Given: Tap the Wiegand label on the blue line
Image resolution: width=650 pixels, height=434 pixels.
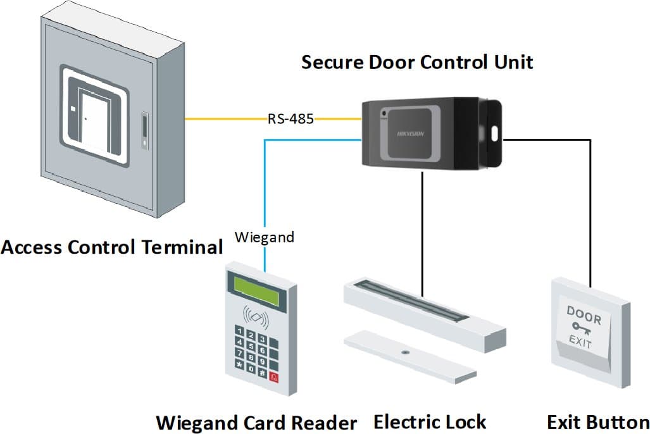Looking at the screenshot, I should [265, 238].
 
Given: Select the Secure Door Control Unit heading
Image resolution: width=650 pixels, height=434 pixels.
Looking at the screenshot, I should [417, 63].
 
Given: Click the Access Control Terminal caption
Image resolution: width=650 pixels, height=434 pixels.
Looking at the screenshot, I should [112, 246].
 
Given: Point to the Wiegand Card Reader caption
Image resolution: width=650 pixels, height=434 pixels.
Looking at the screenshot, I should [256, 422].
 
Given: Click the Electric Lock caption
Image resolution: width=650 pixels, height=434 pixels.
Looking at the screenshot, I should [430, 421].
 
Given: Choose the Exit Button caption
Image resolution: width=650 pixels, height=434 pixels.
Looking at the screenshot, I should [598, 422].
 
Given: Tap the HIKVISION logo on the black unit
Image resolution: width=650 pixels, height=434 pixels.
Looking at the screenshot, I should [410, 133].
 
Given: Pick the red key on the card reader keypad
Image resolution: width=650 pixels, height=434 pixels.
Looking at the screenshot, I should [274, 377].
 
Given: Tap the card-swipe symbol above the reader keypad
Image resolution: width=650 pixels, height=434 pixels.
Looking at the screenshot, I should [255, 314].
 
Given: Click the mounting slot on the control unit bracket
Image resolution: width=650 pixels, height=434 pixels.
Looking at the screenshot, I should [494, 133].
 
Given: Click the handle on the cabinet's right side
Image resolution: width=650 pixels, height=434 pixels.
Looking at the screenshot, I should [145, 131].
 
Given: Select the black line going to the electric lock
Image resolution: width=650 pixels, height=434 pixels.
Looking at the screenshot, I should [422, 234].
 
